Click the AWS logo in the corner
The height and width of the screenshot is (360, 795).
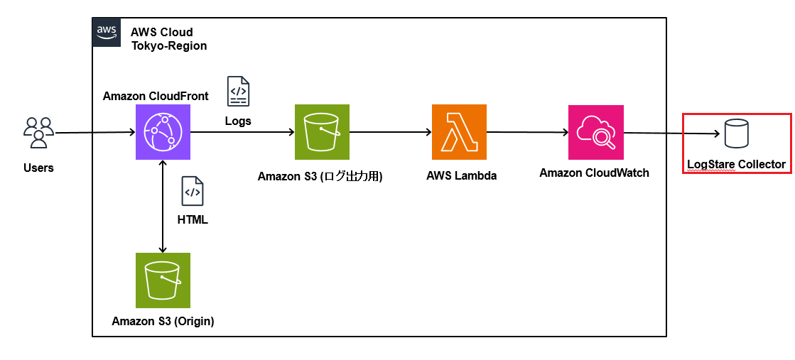(107, 33)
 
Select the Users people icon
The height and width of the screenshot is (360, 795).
(38, 133)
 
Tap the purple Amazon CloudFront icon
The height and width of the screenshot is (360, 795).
(163, 132)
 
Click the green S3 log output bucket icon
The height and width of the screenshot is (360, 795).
(322, 132)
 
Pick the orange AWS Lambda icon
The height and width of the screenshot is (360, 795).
(459, 132)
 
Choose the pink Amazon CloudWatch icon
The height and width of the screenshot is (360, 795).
(596, 132)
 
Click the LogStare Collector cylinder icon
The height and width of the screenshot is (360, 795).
(736, 133)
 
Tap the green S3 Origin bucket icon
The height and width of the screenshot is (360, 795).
(163, 280)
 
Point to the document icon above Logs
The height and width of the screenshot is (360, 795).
(238, 92)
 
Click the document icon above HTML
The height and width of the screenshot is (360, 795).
(193, 191)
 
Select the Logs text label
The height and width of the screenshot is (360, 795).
(238, 121)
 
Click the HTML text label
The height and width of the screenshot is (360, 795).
(193, 221)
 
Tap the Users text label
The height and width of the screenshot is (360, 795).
(38, 168)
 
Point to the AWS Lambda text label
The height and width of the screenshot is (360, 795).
(461, 176)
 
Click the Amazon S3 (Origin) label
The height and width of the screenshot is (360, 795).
(163, 321)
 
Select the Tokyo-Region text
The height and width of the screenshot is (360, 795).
(169, 45)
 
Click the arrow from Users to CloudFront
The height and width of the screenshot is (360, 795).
(94, 133)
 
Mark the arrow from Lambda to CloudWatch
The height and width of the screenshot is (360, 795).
(527, 132)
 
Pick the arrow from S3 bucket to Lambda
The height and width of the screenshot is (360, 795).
(391, 132)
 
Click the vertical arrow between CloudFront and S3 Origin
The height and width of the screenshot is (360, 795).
(163, 207)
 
